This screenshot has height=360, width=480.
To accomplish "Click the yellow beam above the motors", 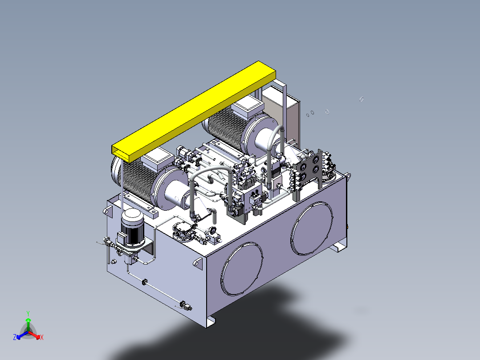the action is (194, 112).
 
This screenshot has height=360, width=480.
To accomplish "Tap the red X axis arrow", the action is (34, 335).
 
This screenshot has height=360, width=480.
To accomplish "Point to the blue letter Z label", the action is (15, 337).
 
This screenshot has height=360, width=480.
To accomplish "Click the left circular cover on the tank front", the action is (241, 269).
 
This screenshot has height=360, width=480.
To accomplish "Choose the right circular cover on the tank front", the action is (312, 228).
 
